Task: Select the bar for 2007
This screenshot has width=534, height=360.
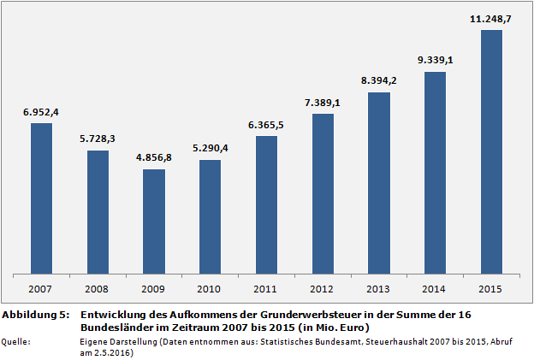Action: point(41,198)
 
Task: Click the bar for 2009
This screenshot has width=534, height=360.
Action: point(154,221)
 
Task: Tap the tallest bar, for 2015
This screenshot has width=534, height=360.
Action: point(491,152)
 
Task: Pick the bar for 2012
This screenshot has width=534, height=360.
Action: point(323,193)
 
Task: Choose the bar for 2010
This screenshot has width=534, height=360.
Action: point(211,217)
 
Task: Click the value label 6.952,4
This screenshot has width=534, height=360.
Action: point(41,112)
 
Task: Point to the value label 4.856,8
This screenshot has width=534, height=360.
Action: point(154,158)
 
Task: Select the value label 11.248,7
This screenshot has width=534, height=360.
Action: point(491,19)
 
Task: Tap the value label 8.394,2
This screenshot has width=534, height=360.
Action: point(379,80)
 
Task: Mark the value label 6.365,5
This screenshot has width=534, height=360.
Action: point(266,125)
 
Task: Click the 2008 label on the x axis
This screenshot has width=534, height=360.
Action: point(98,288)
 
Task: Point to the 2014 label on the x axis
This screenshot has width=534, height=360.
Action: point(435,288)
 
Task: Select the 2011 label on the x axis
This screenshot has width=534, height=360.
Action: point(266,288)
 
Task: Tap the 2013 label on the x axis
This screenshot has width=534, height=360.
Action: point(379,288)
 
